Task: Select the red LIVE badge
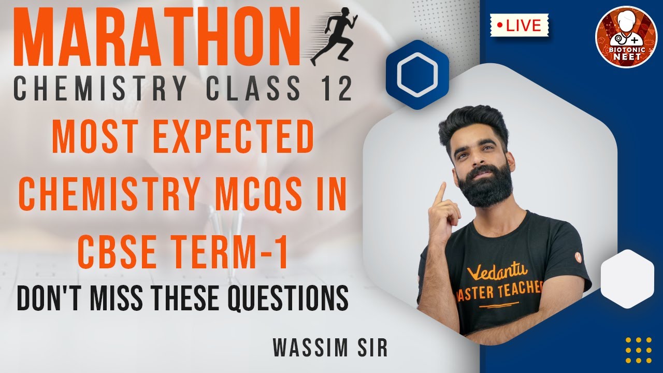[519, 25]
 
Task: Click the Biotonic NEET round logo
[626, 37]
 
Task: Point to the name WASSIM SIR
[330, 348]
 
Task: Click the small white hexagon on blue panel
[626, 279]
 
